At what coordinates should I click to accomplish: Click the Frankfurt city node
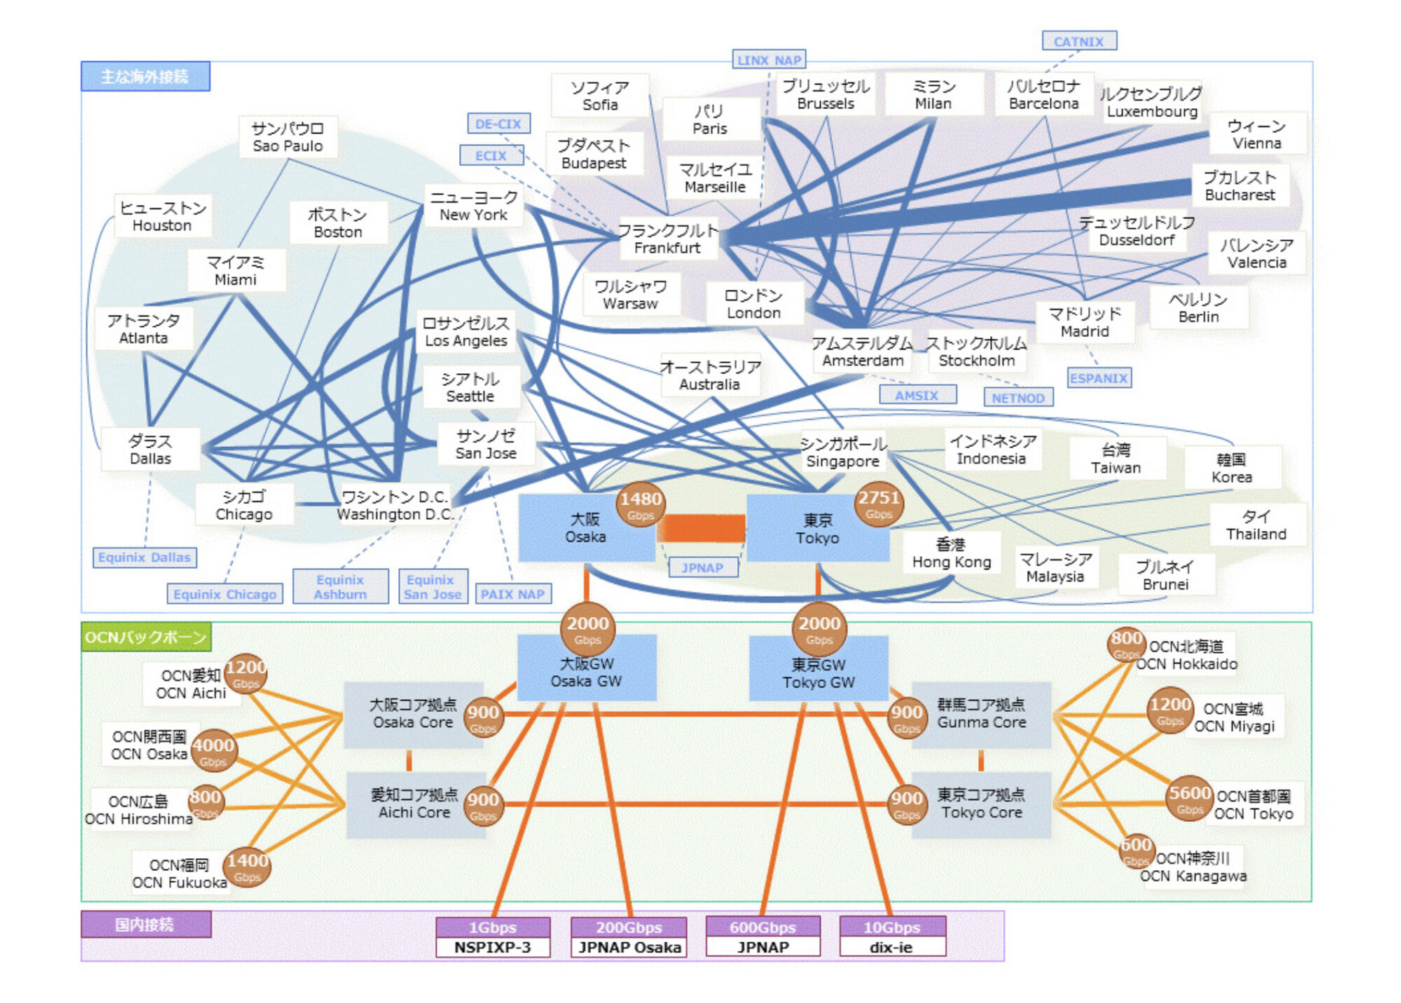[668, 239]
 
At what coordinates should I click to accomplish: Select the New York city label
[474, 206]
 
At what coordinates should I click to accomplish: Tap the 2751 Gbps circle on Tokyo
[878, 504]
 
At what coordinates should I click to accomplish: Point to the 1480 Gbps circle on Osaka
[640, 505]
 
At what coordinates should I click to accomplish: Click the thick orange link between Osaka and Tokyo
[701, 528]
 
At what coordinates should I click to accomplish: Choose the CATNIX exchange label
[1079, 41]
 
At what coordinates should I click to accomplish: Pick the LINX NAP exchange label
[768, 60]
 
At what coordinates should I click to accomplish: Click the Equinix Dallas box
[144, 557]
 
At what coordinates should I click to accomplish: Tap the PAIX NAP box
[512, 594]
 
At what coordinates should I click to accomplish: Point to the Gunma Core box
[981, 714]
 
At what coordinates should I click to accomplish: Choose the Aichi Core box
[414, 804]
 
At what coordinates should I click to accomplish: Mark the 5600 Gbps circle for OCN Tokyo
[1189, 798]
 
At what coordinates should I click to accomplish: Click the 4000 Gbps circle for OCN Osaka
[213, 751]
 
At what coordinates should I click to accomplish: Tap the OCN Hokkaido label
[1186, 655]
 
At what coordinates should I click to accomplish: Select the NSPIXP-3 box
[492, 947]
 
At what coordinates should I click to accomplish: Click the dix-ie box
[891, 947]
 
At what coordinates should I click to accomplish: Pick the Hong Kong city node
[951, 554]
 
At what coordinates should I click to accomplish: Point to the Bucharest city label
[1239, 186]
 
